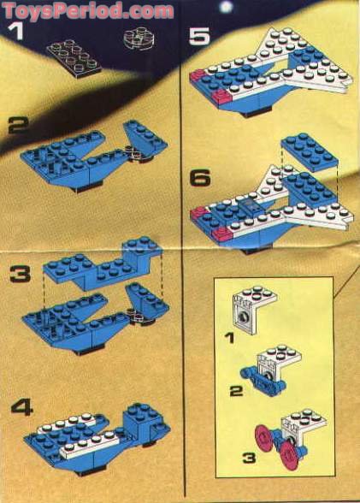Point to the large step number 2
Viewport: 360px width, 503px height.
pos(18,127)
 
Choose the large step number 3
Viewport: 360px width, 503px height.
pos(18,276)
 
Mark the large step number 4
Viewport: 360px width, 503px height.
pos(18,408)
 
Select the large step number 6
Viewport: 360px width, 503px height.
pos(198,179)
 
